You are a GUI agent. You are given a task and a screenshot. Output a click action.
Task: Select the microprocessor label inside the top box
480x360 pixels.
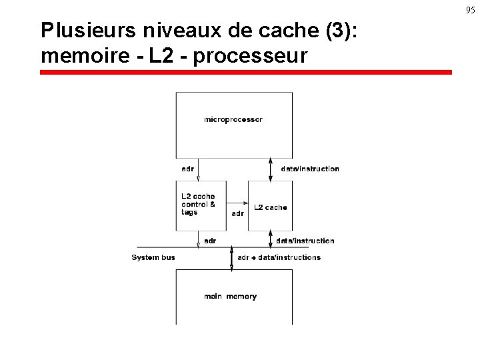click(x=233, y=120)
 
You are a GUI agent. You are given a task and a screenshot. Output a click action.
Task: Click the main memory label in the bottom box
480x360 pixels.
click(x=231, y=297)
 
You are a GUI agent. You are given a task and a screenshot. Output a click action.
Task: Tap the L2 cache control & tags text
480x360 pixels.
click(x=198, y=204)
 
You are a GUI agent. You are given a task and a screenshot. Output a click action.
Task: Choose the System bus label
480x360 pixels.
click(x=153, y=257)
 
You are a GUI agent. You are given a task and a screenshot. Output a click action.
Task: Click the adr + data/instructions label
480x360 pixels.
click(x=279, y=257)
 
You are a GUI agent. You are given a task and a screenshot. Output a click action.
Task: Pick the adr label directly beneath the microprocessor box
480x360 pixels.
click(x=188, y=169)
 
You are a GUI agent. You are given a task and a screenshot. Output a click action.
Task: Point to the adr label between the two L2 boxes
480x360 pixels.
click(x=237, y=214)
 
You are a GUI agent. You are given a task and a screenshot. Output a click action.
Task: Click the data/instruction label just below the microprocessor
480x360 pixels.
click(x=310, y=169)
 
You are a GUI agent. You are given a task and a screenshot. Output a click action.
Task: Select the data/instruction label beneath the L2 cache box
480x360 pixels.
click(x=305, y=241)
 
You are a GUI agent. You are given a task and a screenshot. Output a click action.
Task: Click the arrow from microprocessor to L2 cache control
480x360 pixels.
click(x=198, y=169)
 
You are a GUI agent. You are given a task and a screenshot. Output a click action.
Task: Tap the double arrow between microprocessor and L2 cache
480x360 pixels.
click(x=270, y=169)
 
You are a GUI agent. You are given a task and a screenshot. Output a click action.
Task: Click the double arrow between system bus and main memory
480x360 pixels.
click(x=231, y=258)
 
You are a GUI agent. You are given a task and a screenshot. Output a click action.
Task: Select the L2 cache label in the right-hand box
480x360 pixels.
click(x=271, y=208)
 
